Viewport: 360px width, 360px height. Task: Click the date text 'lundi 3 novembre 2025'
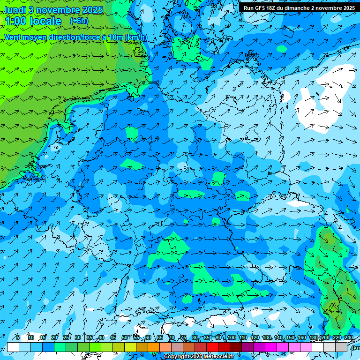pos(53,10)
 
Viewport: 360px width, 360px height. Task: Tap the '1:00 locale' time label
pos(33,21)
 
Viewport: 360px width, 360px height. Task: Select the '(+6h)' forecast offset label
pos(79,21)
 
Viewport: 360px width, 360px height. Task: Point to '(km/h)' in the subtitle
pos(136,37)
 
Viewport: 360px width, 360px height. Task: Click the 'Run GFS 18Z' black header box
pos(299,8)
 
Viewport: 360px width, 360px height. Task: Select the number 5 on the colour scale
pos(18,338)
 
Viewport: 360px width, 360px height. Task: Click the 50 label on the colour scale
pos(124,338)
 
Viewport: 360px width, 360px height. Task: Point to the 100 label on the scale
pos(231,338)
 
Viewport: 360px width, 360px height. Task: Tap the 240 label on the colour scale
pos(349,338)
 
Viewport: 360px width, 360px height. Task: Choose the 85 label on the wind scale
pos(207,338)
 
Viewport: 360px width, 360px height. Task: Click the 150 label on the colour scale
pos(290,338)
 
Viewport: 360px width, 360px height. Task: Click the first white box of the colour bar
pos(13,347)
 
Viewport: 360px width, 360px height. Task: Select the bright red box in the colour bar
pos(212,347)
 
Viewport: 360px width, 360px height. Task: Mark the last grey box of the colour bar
pos(342,347)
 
